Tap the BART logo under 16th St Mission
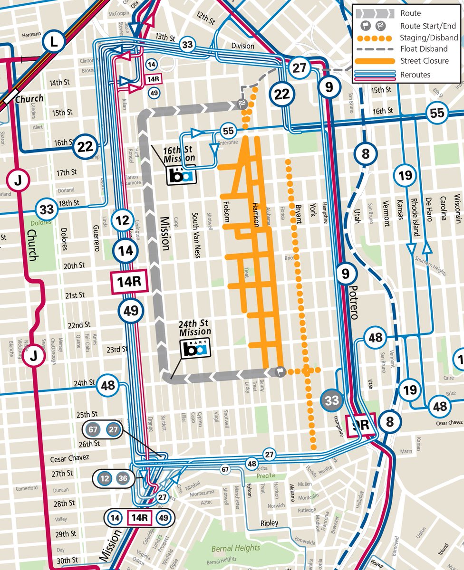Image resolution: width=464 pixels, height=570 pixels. click(181, 176)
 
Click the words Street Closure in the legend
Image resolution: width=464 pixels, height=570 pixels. click(424, 61)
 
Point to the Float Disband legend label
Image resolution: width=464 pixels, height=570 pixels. click(424, 49)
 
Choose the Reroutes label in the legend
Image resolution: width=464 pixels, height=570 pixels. click(415, 75)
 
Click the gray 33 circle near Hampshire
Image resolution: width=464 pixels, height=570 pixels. click(332, 400)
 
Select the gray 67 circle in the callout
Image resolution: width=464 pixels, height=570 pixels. click(93, 429)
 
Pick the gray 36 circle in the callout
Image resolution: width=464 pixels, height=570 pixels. click(123, 478)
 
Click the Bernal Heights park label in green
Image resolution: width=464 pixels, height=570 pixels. click(236, 548)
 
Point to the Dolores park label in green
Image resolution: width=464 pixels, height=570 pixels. click(40, 222)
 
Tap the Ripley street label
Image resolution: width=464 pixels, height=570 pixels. click(269, 523)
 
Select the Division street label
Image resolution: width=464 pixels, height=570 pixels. click(243, 46)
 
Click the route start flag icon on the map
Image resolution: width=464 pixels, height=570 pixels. click(281, 371)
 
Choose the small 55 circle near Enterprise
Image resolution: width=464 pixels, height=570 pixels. click(228, 131)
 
